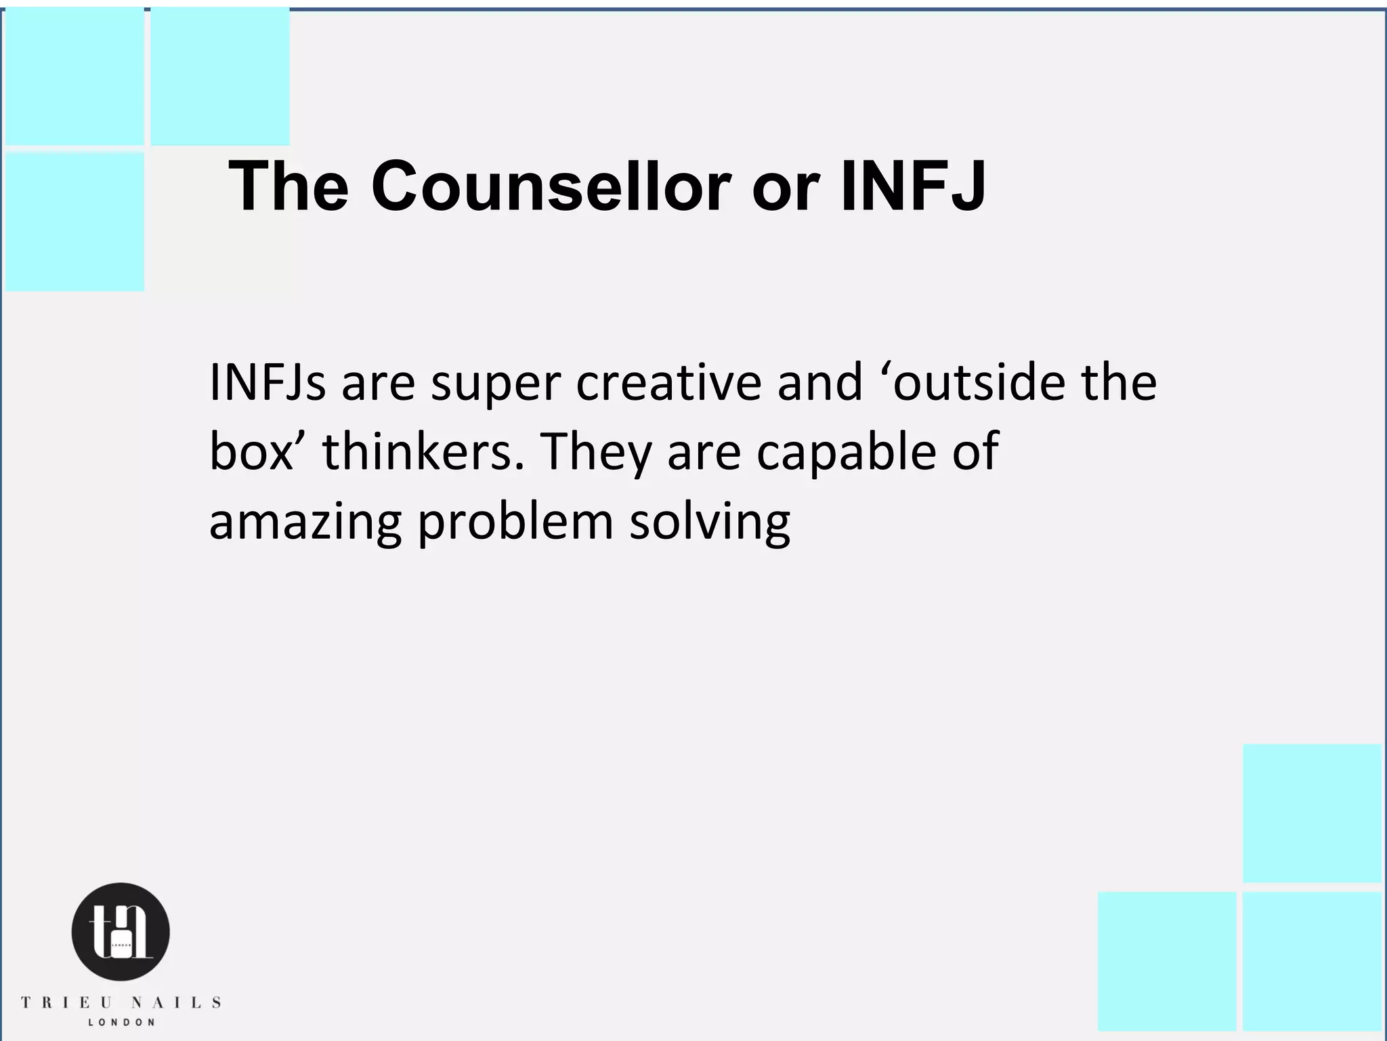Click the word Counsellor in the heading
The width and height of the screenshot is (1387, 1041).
tap(551, 186)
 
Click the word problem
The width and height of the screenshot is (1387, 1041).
tap(515, 523)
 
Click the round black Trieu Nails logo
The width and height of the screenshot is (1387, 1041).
tap(121, 932)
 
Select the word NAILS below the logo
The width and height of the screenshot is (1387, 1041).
tap(175, 1002)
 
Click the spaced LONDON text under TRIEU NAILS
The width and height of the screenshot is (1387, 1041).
tap(121, 1022)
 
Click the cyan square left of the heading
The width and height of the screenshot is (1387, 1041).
tap(74, 222)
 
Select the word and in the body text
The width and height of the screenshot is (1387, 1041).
tap(819, 382)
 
